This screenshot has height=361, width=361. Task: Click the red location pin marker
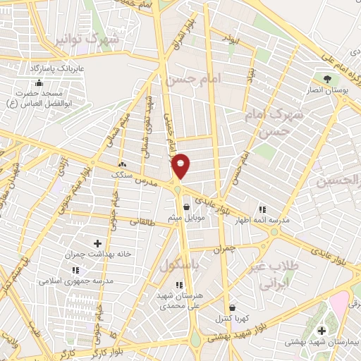[181, 166]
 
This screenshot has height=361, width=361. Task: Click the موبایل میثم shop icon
[186, 207]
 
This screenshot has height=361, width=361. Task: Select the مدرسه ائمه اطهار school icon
[262, 209]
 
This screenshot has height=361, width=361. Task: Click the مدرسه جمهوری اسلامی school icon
[75, 270]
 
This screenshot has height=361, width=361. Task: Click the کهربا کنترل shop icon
[232, 307]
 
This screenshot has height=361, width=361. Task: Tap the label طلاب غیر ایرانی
[276, 276]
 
